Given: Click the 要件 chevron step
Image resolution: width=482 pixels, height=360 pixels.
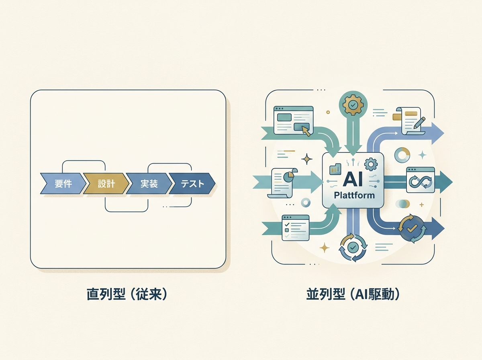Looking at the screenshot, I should click(63, 184).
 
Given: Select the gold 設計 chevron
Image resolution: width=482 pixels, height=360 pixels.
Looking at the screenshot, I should click(106, 184).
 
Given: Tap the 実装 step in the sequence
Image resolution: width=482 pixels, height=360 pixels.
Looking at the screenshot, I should click(149, 184).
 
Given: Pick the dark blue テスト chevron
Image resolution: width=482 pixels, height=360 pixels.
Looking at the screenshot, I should click(192, 184).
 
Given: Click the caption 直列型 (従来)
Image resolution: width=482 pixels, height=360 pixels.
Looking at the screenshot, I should click(127, 295).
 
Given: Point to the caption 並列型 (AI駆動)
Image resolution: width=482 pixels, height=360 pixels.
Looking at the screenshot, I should click(353, 295).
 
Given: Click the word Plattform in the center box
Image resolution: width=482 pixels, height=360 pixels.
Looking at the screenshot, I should click(354, 196).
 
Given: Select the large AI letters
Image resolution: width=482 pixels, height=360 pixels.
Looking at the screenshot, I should click(353, 180).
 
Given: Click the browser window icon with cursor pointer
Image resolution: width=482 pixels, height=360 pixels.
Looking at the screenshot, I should click(293, 120).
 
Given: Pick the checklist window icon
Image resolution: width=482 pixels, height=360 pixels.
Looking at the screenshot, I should click(296, 227).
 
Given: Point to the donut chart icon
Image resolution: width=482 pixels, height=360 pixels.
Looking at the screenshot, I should click(402, 155).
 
